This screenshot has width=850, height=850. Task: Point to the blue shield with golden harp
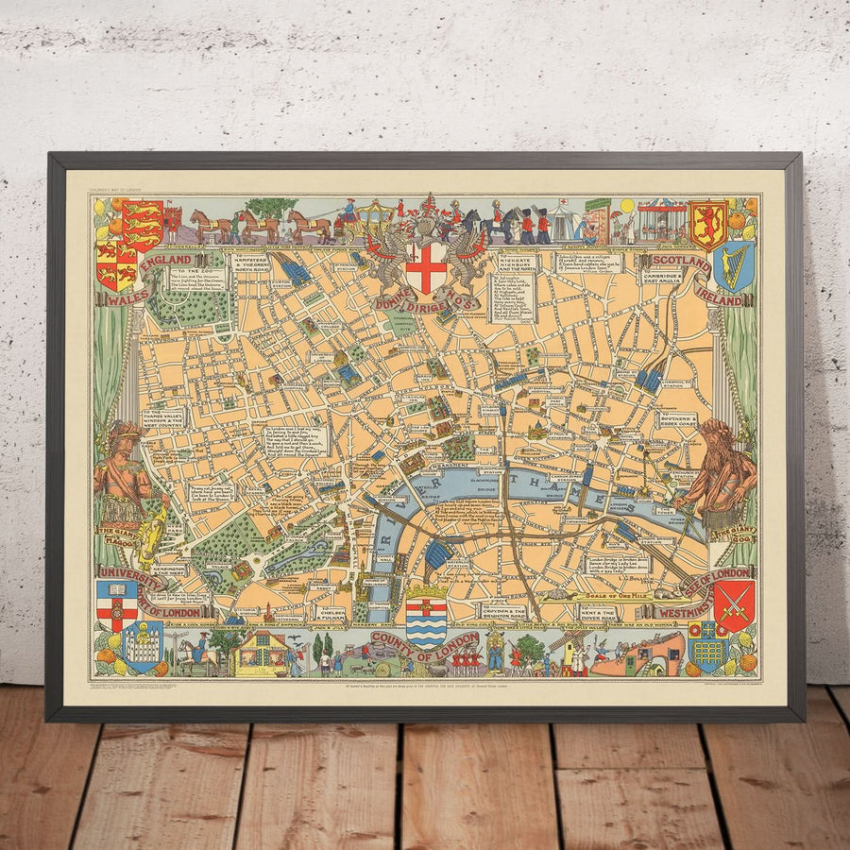[734, 265]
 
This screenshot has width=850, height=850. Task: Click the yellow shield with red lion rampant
[708, 225]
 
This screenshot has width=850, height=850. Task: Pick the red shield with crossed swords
[733, 605]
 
